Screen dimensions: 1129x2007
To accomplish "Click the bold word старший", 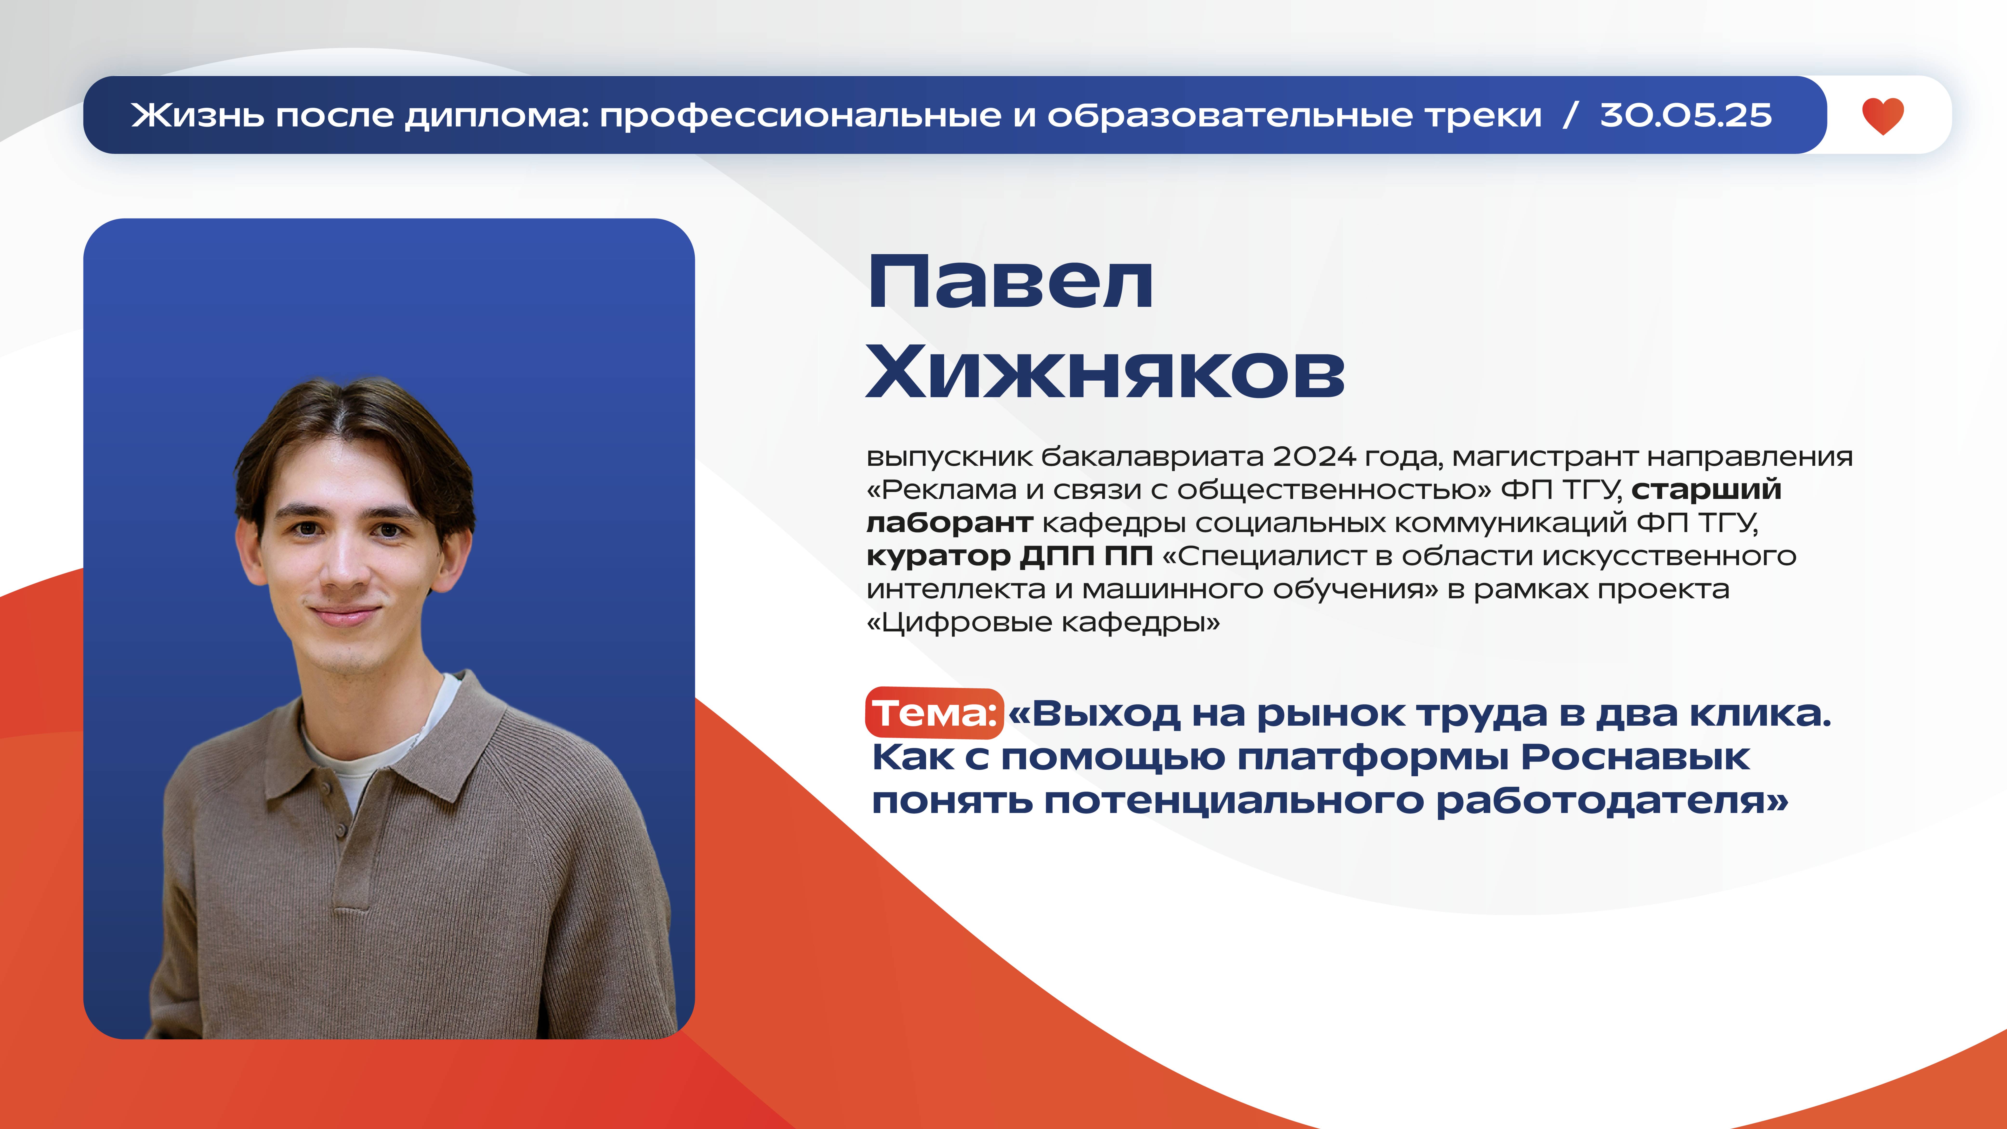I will [x=1706, y=489].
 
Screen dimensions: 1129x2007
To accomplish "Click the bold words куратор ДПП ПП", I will [x=1009, y=555].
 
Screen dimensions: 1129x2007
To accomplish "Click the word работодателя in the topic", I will [x=1605, y=801].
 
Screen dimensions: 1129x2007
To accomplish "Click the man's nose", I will [x=344, y=573].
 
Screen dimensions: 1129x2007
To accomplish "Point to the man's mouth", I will [x=344, y=615].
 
